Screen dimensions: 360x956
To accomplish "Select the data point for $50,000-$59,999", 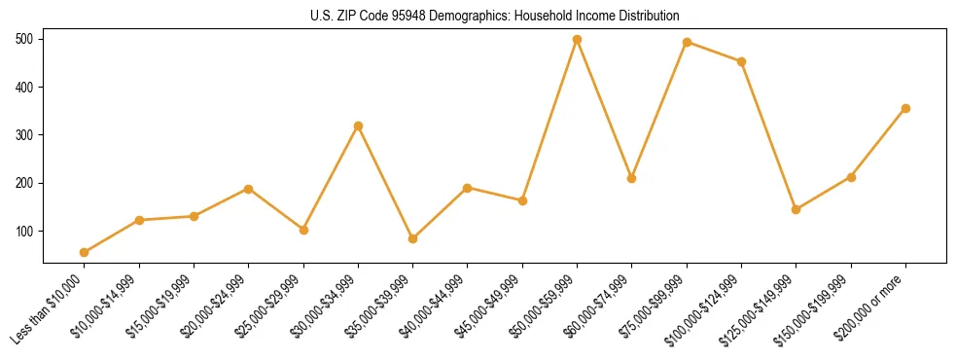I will click(x=577, y=40).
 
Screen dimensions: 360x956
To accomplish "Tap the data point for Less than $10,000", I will click(x=85, y=253).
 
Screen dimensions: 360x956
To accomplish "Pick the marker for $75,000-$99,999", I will click(x=687, y=43).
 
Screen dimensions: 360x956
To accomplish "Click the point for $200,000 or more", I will click(x=905, y=109).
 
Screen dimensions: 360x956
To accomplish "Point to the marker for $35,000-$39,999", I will click(x=413, y=238).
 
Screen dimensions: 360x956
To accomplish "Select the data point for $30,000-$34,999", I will click(x=358, y=126).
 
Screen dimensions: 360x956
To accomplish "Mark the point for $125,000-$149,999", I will click(x=796, y=209).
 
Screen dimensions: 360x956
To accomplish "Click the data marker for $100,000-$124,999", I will click(x=741, y=61).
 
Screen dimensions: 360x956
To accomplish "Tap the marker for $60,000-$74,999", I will click(x=632, y=179).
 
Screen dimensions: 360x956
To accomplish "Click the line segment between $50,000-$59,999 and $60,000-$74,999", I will click(x=604, y=109).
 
